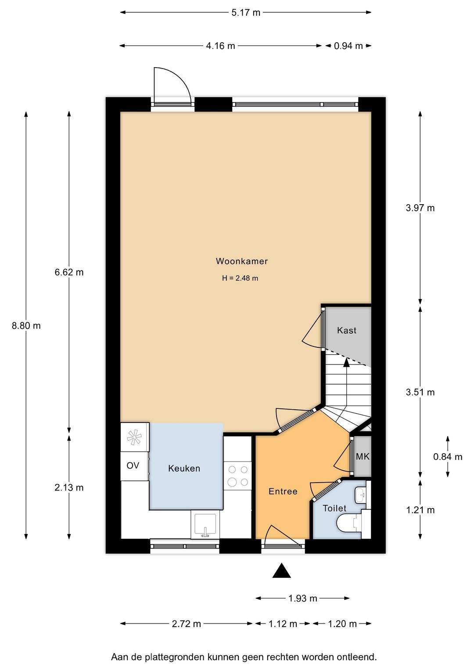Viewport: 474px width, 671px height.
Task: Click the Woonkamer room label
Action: (x=242, y=261)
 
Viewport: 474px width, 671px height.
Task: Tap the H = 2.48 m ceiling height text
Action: (x=240, y=278)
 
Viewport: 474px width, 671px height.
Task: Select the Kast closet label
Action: (x=346, y=330)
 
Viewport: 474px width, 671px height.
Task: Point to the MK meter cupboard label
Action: (x=363, y=456)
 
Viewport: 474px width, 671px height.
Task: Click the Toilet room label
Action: (x=334, y=508)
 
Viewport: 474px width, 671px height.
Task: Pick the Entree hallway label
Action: (x=283, y=491)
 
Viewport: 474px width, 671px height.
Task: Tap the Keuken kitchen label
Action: (x=184, y=468)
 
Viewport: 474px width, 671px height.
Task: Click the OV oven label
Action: (x=133, y=465)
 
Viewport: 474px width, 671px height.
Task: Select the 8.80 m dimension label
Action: (x=26, y=325)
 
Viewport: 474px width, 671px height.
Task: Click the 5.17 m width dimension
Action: (x=245, y=13)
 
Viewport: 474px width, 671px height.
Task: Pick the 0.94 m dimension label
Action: (x=348, y=46)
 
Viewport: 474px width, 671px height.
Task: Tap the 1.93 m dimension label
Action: (x=302, y=598)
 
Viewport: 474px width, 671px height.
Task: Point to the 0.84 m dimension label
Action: (x=448, y=457)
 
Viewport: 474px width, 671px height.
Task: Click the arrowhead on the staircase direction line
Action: (x=346, y=363)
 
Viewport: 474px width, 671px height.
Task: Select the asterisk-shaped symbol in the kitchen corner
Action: (x=134, y=437)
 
